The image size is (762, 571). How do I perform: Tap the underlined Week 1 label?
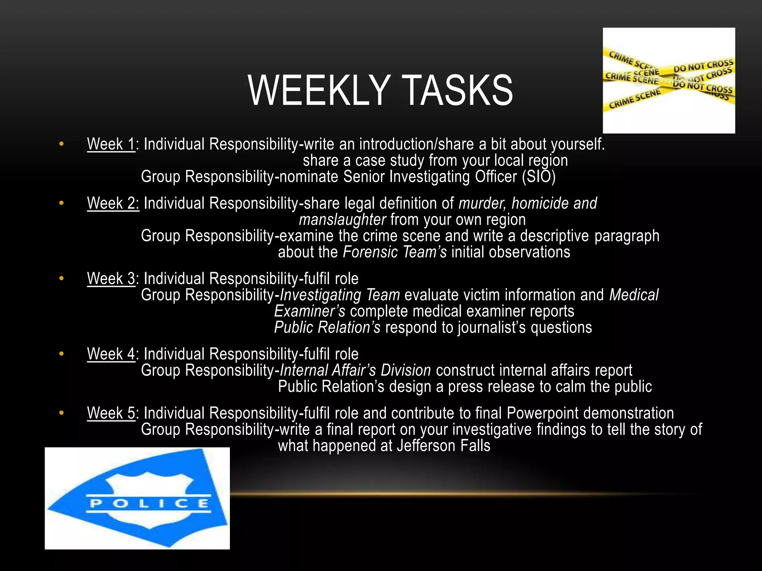111,144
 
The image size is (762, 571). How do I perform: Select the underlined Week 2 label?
113,203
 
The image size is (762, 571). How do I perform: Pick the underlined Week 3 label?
111,279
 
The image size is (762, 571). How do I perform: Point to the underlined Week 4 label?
111,354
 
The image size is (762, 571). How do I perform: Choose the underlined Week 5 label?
111,413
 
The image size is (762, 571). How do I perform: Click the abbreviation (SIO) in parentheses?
538,177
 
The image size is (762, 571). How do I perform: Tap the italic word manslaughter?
342,220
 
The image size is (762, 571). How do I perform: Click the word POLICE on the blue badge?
149,504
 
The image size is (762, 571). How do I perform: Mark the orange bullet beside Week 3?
61,278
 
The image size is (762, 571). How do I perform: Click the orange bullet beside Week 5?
61,413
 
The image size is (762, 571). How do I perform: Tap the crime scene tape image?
669,80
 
